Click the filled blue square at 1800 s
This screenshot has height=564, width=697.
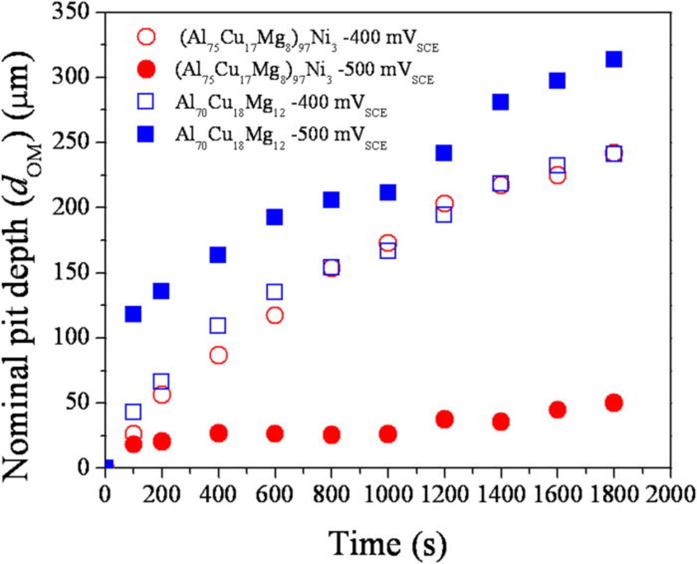click(x=614, y=59)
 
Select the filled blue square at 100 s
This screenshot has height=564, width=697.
click(x=133, y=314)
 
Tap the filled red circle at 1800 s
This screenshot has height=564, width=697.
click(x=614, y=403)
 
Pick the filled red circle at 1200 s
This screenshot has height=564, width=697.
click(x=444, y=419)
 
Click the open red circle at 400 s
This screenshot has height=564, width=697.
click(x=218, y=355)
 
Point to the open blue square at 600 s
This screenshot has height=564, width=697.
click(x=274, y=292)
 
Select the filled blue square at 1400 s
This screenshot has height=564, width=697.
click(x=500, y=102)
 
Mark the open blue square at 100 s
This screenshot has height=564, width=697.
click(x=133, y=411)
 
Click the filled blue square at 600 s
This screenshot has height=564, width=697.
click(x=274, y=217)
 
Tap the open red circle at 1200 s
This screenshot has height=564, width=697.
click(x=444, y=203)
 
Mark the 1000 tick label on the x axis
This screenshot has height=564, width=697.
click(x=388, y=494)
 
